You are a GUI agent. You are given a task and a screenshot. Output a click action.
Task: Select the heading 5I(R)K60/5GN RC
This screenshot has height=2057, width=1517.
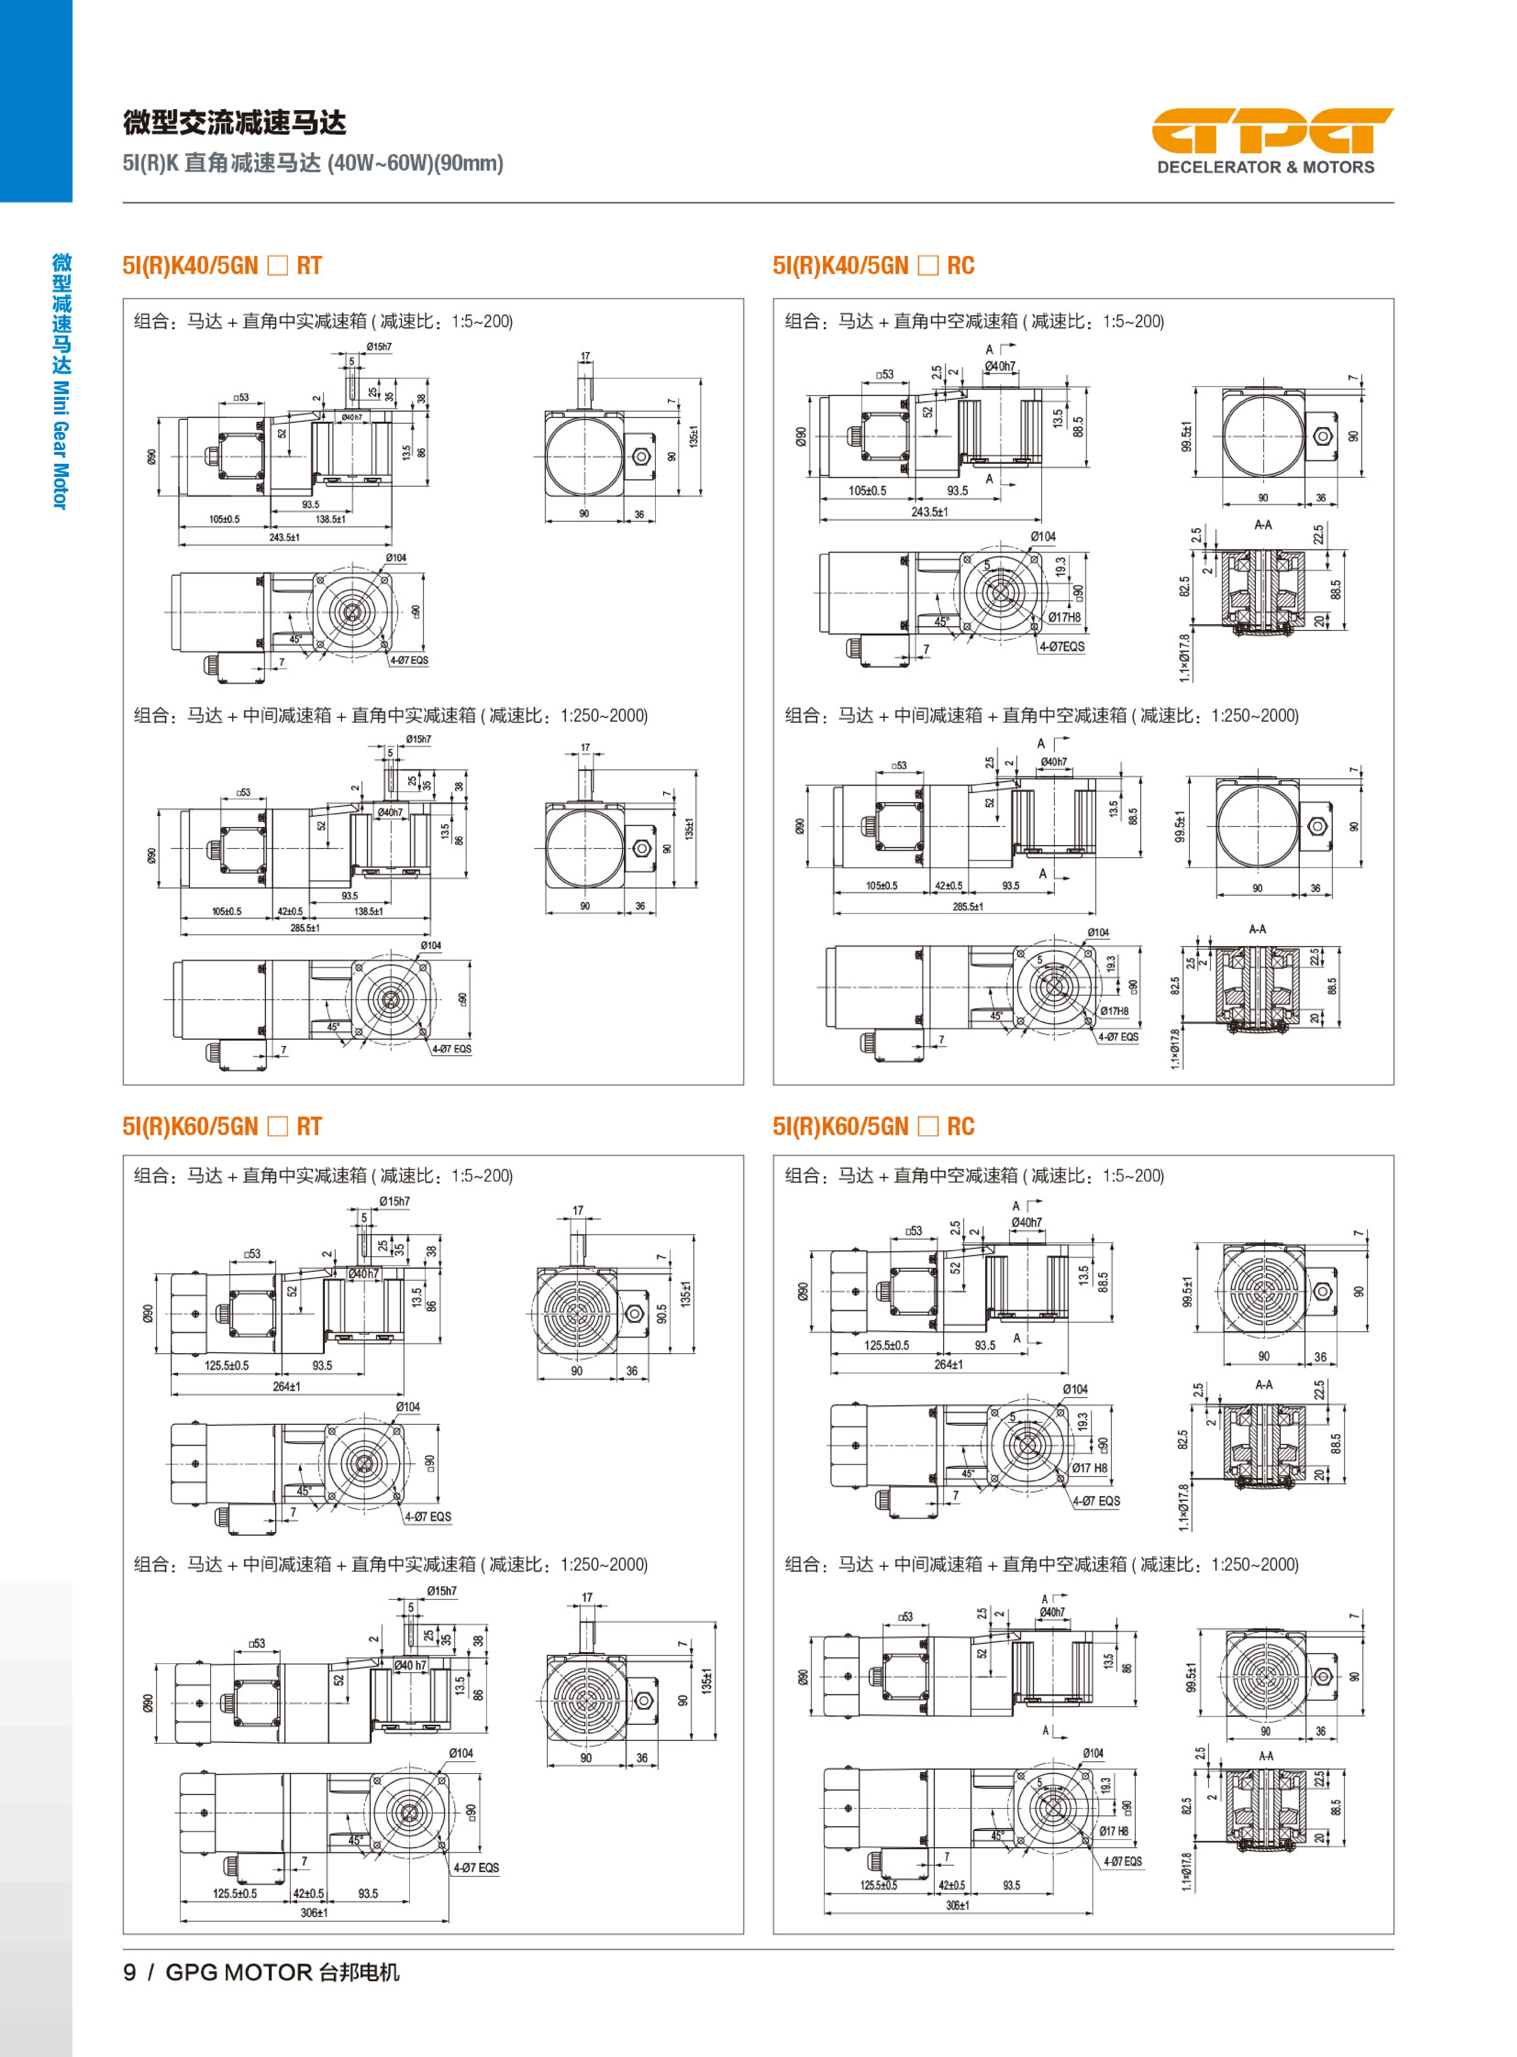(x=872, y=1126)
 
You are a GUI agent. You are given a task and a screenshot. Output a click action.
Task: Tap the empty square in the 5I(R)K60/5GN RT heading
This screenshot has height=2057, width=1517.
(x=277, y=1126)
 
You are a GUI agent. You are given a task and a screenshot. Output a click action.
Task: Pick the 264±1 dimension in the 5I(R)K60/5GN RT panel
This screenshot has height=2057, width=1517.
(x=287, y=1386)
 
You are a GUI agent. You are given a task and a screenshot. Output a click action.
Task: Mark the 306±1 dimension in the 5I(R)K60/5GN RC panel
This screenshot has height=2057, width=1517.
(x=957, y=1905)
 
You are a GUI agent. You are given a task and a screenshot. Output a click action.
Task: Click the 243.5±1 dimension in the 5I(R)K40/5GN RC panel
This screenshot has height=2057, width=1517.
(x=929, y=512)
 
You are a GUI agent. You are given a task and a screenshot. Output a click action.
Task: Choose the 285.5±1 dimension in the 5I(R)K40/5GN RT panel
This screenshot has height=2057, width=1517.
(x=305, y=928)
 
